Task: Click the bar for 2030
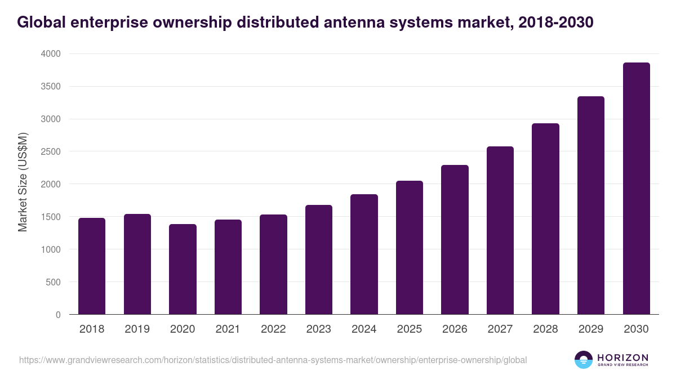636,189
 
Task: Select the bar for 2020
183,269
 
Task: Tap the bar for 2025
410,248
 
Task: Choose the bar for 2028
545,219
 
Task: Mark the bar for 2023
319,260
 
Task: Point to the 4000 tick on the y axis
52,54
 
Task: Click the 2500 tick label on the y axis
52,151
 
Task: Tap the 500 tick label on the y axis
54,282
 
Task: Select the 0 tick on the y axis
58,315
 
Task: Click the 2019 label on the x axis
137,329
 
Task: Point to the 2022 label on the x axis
273,329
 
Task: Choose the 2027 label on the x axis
500,329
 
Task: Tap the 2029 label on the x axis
591,329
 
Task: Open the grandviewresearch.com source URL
273,360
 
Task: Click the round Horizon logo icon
584,360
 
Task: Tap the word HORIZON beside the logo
622,357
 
